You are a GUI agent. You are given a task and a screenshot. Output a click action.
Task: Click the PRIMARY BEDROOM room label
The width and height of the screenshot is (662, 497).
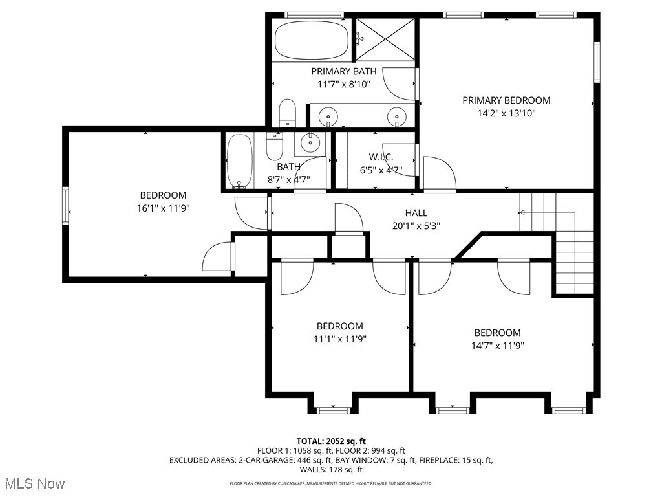tap(506, 100)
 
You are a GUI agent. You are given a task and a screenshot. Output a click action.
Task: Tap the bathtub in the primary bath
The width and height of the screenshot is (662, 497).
tap(312, 40)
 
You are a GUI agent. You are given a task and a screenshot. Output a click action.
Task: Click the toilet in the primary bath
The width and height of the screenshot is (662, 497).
tap(287, 113)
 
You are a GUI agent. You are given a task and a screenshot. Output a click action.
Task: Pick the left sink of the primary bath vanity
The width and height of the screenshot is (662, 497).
tap(328, 115)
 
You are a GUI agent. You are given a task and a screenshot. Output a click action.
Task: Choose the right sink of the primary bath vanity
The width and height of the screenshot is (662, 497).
tap(397, 115)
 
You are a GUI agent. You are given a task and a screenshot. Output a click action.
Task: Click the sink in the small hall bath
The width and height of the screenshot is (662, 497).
tap(310, 142)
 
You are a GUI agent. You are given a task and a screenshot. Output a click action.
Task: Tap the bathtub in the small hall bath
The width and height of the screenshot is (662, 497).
tap(239, 161)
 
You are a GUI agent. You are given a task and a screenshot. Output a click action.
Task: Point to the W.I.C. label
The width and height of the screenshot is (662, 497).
tap(381, 157)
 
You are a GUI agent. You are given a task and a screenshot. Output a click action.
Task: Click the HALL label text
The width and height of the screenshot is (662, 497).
tap(416, 213)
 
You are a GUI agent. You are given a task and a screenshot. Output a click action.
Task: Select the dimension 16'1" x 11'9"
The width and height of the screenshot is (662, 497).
tap(163, 208)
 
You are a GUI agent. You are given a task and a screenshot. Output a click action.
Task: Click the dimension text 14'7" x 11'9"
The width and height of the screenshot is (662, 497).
tap(497, 346)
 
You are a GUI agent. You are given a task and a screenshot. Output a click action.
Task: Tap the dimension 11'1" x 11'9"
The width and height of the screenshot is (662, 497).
tap(340, 339)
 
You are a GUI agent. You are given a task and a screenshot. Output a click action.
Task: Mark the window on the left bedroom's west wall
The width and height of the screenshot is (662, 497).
tap(65, 205)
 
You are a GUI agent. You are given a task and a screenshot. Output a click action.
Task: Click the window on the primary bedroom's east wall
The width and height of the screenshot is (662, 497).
tap(597, 62)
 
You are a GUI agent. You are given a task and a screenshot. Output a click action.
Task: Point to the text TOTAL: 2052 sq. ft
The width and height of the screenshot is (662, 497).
tap(331, 441)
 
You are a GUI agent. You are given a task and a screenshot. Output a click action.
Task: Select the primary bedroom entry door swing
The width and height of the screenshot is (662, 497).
tap(440, 174)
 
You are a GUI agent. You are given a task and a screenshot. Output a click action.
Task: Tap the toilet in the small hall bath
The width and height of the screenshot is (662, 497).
tap(273, 146)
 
